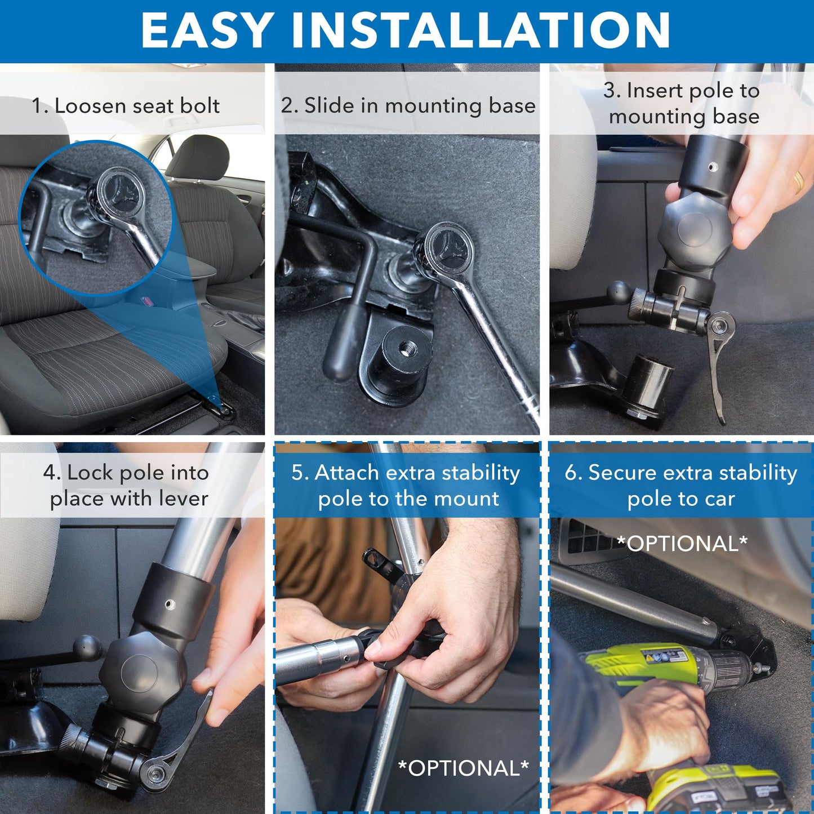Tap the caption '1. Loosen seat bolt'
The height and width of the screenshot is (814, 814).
(x=126, y=106)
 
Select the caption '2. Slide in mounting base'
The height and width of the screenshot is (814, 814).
(x=408, y=105)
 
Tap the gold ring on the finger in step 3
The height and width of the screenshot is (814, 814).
(x=798, y=181)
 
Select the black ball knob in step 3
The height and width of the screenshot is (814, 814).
(x=619, y=293)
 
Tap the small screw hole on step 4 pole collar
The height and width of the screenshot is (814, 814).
(x=169, y=604)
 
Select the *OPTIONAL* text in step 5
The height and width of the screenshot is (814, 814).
(x=463, y=768)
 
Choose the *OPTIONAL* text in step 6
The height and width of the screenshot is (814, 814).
(x=682, y=544)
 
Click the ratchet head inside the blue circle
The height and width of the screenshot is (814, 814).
(x=120, y=194)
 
